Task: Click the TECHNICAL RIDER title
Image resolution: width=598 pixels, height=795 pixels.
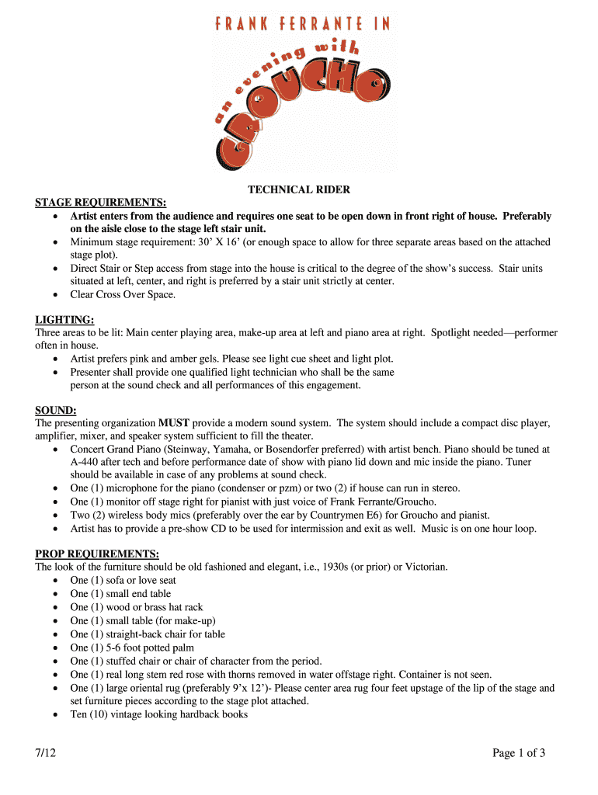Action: point(299,189)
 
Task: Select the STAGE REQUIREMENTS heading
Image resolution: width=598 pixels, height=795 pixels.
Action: point(101,203)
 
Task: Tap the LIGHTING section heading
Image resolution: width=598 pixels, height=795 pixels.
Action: point(65,319)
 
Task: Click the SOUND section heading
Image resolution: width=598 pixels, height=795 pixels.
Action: point(56,410)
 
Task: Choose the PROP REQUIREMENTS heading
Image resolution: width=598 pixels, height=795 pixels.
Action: point(97,554)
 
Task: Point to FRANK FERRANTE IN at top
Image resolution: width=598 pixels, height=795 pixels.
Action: point(302,24)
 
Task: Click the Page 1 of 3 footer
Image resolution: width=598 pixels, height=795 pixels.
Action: point(520,752)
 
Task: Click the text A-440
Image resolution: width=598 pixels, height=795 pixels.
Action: point(87,462)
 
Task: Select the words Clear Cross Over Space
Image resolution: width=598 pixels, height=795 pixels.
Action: point(123,294)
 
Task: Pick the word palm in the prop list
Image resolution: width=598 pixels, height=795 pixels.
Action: point(183,647)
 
